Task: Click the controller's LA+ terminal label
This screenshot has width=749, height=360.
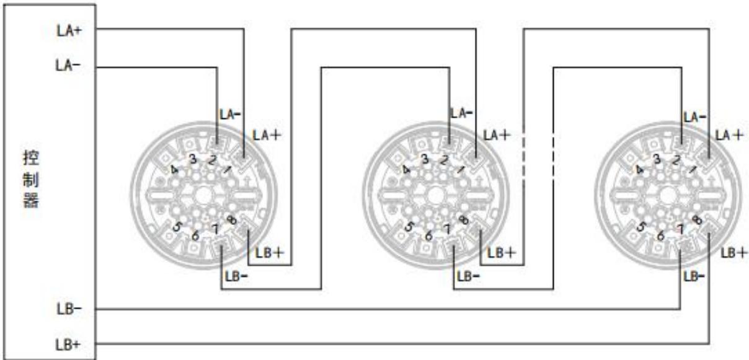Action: [x=69, y=31]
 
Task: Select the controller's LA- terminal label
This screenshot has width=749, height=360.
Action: [x=68, y=65]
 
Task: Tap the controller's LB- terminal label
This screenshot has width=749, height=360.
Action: [x=69, y=310]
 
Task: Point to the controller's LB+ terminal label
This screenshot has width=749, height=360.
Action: [x=68, y=345]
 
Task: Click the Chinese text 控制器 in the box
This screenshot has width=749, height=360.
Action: [x=31, y=180]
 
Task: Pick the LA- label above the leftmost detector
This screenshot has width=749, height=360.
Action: [x=230, y=115]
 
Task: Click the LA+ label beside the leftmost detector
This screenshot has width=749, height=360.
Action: [x=267, y=135]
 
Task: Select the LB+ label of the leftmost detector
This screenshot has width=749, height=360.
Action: [x=270, y=253]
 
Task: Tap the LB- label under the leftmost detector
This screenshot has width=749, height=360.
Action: [x=236, y=276]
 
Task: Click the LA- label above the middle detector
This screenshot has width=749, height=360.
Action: [x=462, y=113]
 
